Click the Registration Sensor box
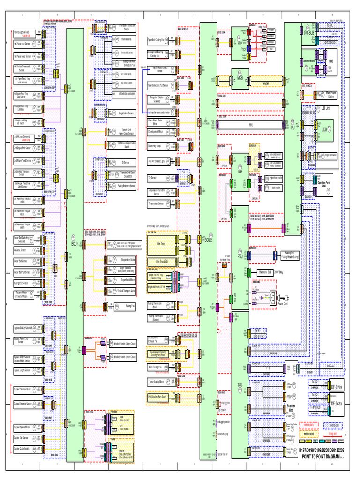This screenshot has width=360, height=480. click(x=121, y=113)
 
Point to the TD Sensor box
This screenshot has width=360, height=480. click(x=155, y=178)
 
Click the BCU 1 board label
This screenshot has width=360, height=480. click(x=74, y=244)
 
